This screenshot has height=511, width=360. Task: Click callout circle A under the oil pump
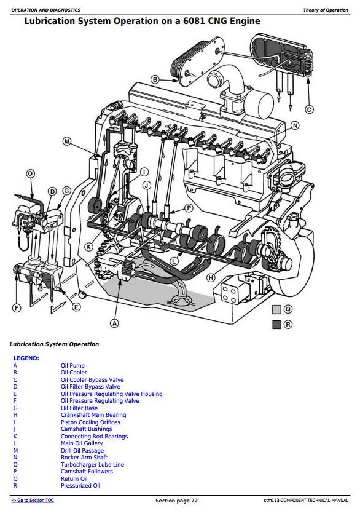coord(114,323)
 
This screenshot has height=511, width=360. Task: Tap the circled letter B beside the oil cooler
coord(155,79)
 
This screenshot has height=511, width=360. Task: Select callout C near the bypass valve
coord(309,109)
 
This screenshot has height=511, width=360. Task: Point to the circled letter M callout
coord(67,141)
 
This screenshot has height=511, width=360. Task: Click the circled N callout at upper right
coord(295,125)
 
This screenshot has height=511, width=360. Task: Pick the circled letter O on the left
coord(30,173)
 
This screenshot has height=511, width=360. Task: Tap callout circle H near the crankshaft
coord(211,278)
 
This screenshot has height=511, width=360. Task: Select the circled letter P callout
coord(189,208)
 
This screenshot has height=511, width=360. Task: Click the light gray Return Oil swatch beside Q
coord(276,309)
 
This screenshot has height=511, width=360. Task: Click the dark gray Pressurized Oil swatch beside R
coord(276,325)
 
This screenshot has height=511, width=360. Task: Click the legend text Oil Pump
coord(72,366)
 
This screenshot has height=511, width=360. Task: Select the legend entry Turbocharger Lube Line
coord(92,465)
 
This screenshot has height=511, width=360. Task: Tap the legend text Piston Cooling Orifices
coord(90,422)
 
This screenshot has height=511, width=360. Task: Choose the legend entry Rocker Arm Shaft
coord(84,458)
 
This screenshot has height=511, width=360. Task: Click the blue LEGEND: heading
coord(26,358)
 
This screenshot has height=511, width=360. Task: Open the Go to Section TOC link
coord(33,501)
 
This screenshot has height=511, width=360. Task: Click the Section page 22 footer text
coord(176,501)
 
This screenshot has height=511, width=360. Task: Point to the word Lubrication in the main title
coord(46,21)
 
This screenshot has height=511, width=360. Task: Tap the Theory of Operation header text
coord(326,10)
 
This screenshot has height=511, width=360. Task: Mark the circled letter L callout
coord(175,261)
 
